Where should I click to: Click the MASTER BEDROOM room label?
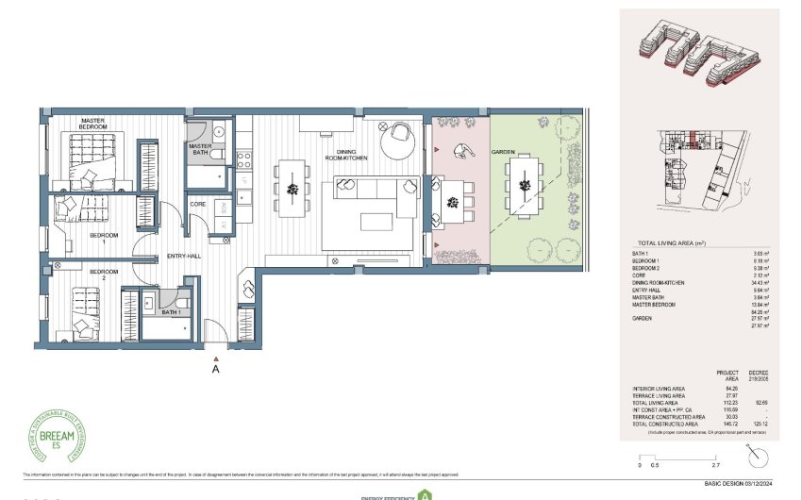coord(92,123)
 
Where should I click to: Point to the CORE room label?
coord(198,203)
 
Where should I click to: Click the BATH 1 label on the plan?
coord(171,311)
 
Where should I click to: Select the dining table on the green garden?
coord(521,187)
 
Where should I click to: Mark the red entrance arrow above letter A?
coord(216,358)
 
